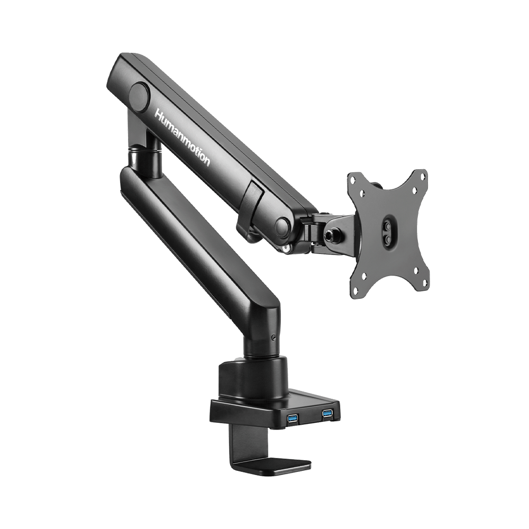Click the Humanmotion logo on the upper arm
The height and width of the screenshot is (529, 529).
coord(182,137)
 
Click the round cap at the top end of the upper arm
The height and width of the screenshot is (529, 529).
coord(140,97)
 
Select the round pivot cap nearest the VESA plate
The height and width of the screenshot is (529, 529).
coord(282,227)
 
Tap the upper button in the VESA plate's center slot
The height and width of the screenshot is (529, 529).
coord(389,224)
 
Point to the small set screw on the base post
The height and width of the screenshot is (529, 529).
coord(272,338)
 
